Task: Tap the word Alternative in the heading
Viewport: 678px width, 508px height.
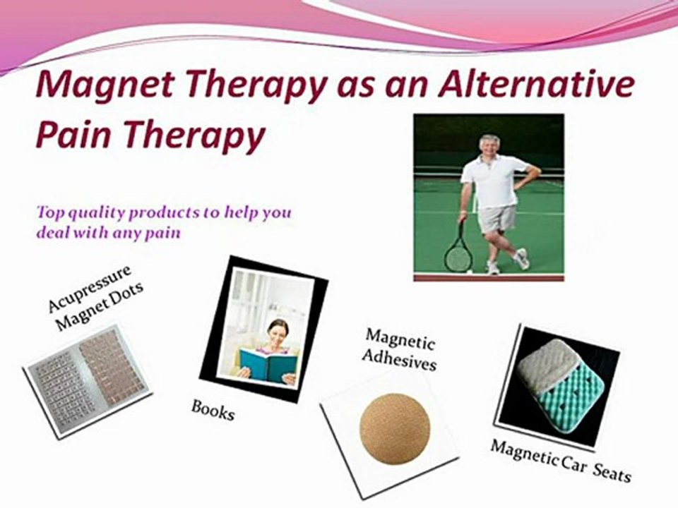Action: tap(536, 83)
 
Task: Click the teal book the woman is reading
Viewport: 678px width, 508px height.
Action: tap(268, 365)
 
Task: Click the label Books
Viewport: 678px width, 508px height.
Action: tap(213, 410)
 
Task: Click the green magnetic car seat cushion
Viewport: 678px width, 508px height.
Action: tap(566, 385)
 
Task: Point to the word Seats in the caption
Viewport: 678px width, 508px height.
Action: tap(612, 473)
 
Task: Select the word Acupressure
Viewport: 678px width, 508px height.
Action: tap(89, 288)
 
